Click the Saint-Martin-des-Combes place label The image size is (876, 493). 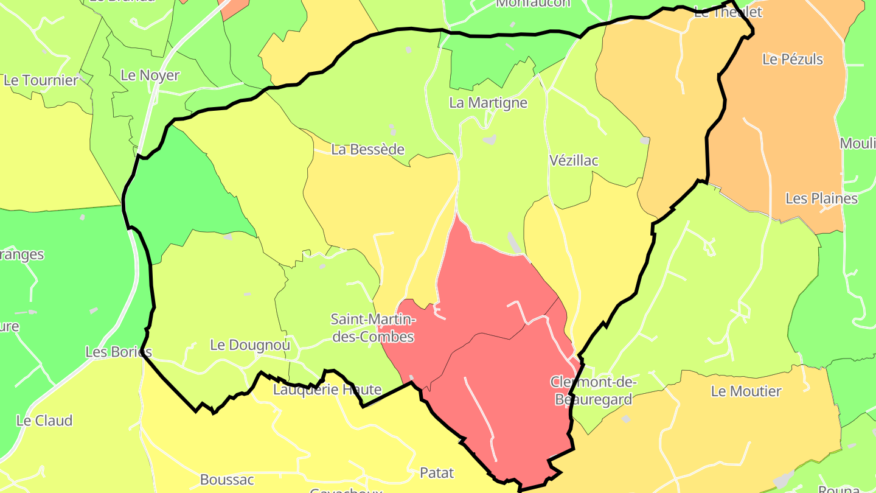[372, 328]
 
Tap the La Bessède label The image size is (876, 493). [367, 149]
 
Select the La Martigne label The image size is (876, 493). [488, 103]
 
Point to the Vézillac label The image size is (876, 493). [574, 161]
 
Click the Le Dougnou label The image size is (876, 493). [249, 345]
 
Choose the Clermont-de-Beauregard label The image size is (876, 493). [593, 391]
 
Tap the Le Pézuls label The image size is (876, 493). [793, 59]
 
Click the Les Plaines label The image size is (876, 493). [821, 198]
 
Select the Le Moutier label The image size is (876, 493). [746, 391]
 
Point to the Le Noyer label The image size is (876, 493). [150, 75]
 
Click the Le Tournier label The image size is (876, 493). [41, 80]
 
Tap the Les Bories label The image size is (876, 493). [118, 352]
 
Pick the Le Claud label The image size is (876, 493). [44, 421]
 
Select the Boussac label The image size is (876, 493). [227, 480]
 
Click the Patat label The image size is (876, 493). [437, 472]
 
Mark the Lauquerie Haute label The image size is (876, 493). [327, 390]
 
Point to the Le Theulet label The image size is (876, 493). [728, 12]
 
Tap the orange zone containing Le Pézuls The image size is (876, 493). [785, 134]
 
